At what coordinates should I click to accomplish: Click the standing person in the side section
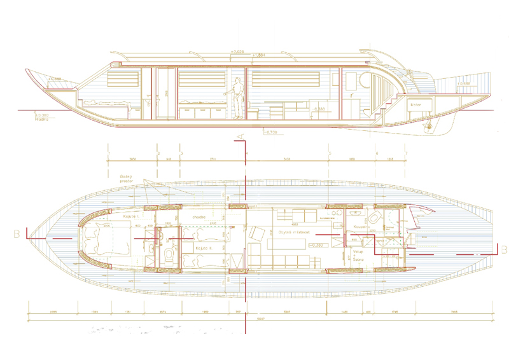(237, 97)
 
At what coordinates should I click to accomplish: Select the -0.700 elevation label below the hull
(270, 132)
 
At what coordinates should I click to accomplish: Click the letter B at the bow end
(15, 234)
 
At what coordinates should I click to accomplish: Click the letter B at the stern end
(502, 248)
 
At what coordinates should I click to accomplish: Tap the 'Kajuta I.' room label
(130, 217)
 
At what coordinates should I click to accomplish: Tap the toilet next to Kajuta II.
(169, 254)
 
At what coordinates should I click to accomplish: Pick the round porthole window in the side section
(363, 79)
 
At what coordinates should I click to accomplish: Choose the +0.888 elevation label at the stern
(463, 83)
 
